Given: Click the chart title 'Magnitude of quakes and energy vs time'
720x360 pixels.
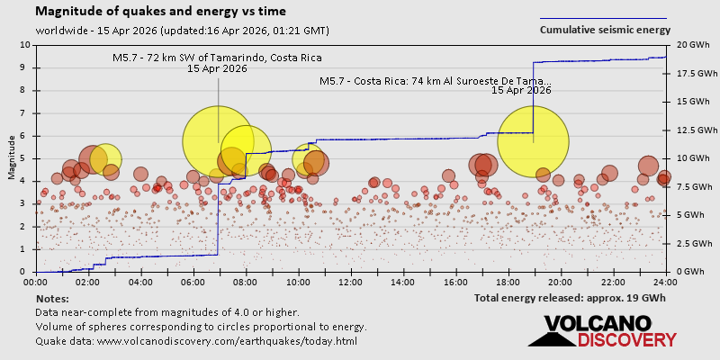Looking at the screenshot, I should [x=161, y=12].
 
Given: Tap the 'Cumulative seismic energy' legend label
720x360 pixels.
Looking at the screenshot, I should [x=605, y=30].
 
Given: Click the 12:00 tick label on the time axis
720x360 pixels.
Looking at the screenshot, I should [x=351, y=282].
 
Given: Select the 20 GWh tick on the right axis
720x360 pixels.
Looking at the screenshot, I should [x=688, y=45].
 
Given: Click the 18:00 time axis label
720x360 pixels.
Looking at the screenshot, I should [x=508, y=282].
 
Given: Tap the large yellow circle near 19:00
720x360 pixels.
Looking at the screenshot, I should [x=533, y=142].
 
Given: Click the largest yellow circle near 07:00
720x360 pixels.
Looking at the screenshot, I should [x=218, y=141].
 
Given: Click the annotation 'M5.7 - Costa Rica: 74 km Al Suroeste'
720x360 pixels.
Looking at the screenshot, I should [x=436, y=80].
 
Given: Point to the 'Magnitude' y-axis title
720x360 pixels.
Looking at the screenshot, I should [x=12, y=158].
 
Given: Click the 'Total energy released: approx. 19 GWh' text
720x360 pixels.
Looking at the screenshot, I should [x=570, y=298].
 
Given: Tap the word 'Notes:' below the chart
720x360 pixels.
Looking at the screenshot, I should [x=52, y=298].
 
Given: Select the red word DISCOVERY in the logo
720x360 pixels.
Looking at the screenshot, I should [x=626, y=340].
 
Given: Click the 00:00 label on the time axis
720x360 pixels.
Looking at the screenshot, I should [x=37, y=282].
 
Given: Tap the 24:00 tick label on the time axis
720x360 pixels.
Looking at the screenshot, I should [x=666, y=282].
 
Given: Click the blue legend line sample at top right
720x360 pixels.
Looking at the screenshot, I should [x=603, y=18].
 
